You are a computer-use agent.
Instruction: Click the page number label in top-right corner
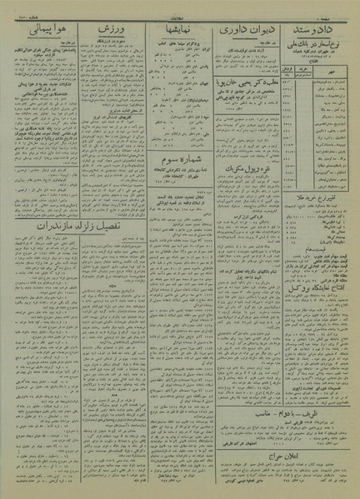pos(337,11)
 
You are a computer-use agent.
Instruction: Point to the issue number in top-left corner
pos(25,11)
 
